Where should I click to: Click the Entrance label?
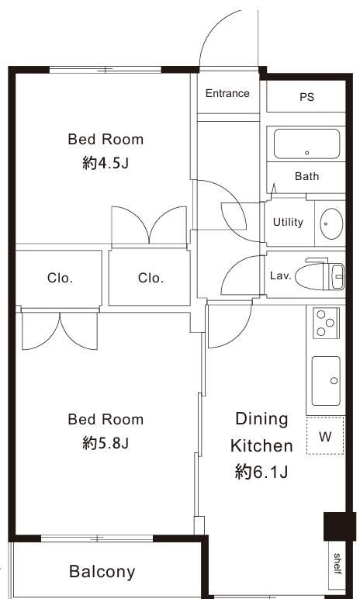227,93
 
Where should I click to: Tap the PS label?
307,97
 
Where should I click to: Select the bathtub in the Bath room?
307,144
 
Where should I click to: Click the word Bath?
307,176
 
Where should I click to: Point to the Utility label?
288,222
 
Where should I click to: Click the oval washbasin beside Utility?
331,223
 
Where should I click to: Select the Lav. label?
281,275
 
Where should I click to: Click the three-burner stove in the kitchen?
326,324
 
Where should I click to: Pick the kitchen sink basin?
326,381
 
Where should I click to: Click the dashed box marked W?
325,436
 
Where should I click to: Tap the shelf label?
337,563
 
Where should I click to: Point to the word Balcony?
102,572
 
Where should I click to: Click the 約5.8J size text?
106,444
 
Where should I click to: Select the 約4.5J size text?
106,164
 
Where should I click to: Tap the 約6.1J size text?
261,473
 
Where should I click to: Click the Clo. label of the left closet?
60,278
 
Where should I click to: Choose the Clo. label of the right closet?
151,278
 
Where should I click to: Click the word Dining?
261,419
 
